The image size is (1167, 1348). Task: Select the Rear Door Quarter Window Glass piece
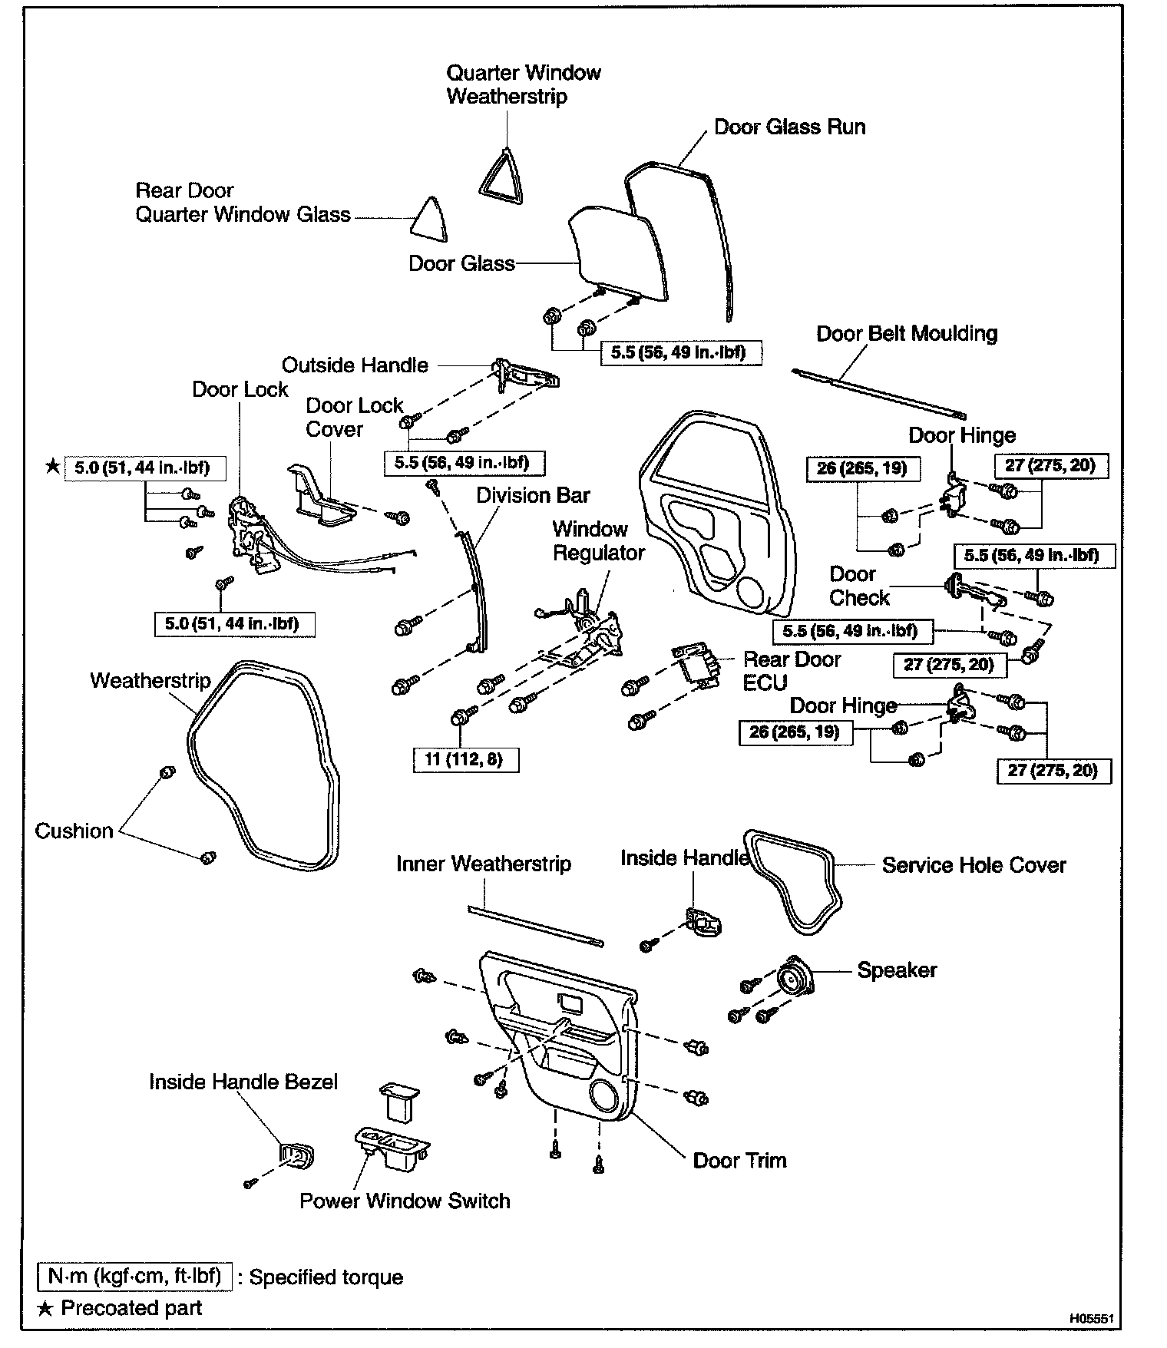coord(429,219)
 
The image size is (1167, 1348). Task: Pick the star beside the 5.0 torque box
coord(52,466)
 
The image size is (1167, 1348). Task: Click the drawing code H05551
coord(1091,1318)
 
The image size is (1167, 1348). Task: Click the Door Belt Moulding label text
coord(906,334)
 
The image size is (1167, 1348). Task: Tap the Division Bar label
coord(533,495)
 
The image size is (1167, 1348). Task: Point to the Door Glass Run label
coord(789,127)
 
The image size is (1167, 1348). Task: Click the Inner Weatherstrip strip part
coord(535,926)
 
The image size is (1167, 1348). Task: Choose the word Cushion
coord(74,831)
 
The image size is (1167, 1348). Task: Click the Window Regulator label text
coord(598,540)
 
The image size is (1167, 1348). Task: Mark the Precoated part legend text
coord(131,1308)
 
